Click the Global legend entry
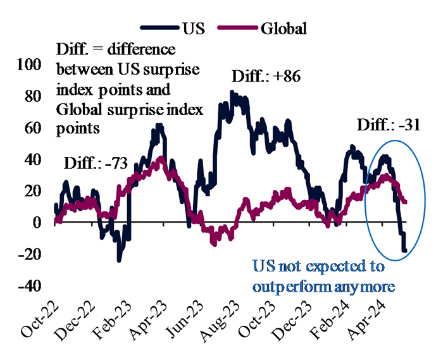coord(265,28)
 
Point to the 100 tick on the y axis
coord(30,65)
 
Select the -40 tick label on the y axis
coord(30,286)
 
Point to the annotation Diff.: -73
coord(95,164)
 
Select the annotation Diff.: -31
coord(384,125)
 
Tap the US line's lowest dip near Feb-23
coord(118,260)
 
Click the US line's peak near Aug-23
coord(232,92)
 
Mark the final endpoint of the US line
coord(405,251)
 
